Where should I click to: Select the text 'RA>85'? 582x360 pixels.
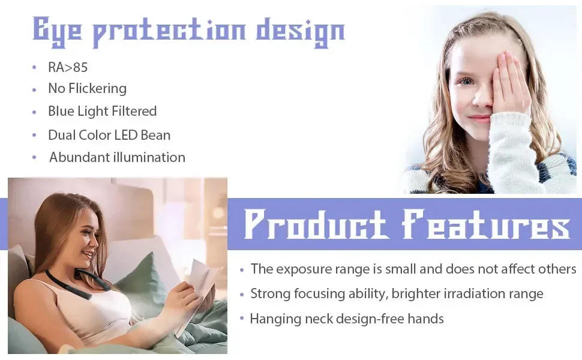pyautogui.click(x=68, y=67)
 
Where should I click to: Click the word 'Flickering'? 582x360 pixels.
pyautogui.click(x=97, y=89)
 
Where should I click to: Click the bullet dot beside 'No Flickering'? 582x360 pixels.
pyautogui.click(x=35, y=89)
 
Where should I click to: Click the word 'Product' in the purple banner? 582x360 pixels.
pyautogui.click(x=316, y=225)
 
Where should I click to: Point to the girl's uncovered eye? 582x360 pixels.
pyautogui.click(x=466, y=81)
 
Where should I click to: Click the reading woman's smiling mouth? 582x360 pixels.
pyautogui.click(x=88, y=255)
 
